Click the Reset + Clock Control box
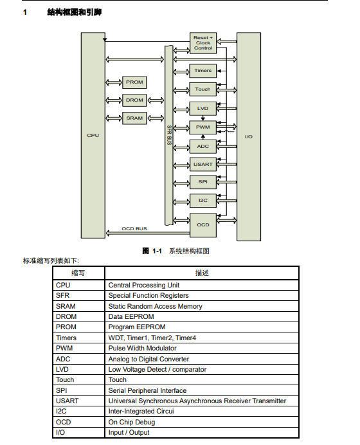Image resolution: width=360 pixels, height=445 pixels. coord(203,43)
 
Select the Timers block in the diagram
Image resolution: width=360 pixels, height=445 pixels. coord(203,71)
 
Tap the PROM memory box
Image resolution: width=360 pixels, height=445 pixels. coord(134,82)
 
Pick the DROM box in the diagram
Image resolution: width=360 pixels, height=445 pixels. coord(134,100)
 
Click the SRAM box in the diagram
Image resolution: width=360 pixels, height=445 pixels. coord(134,118)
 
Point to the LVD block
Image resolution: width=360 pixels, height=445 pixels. coord(203,109)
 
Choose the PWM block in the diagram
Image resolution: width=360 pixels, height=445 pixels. coord(203,127)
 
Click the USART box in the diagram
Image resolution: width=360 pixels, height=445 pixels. coord(203,165)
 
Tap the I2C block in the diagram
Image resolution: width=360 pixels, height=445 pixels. coord(203,201)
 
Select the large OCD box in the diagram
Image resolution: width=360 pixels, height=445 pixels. coord(203,225)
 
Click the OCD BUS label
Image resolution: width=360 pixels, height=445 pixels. coord(134,228)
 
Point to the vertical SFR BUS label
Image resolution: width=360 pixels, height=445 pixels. coord(169,135)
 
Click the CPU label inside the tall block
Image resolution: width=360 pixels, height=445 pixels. coord(93,136)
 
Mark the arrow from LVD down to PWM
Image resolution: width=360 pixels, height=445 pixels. coord(203,118)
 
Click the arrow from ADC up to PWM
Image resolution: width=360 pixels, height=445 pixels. coord(203,137)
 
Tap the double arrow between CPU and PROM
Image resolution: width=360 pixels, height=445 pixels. coord(114,82)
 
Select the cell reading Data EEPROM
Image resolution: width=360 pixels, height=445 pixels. coord(131,316)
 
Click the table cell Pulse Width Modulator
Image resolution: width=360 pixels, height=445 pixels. coord(143,348)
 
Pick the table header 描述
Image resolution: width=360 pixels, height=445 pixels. coord(202,273)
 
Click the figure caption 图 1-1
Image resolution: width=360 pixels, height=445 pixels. coord(152,251)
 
